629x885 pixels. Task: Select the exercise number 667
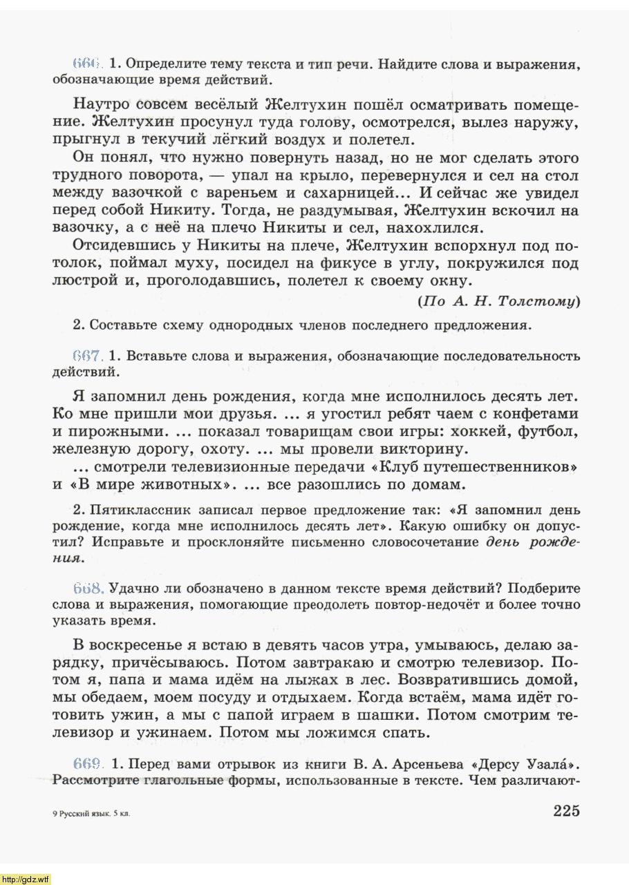click(x=87, y=356)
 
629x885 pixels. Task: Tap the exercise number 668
click(x=87, y=589)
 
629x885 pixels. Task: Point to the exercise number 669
click(x=87, y=765)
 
